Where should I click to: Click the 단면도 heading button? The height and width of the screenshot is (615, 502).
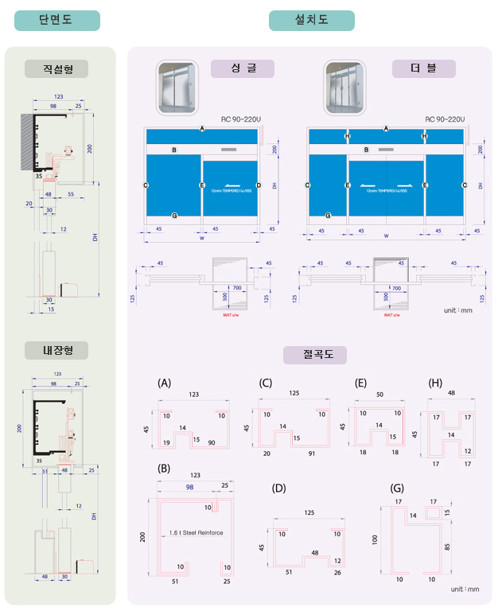(56, 21)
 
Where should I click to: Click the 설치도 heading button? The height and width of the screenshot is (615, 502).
(311, 21)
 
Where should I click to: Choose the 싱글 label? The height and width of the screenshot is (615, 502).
(242, 68)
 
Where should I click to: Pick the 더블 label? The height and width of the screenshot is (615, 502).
(423, 68)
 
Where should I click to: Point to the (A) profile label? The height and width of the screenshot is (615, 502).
(165, 383)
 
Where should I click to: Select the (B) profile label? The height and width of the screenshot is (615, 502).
(164, 467)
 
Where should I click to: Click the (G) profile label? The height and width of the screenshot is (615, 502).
(398, 488)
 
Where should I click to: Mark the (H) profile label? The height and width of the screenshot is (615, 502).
(435, 383)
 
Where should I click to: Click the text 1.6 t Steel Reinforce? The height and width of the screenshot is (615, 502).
(197, 533)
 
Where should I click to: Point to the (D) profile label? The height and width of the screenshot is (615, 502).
(278, 488)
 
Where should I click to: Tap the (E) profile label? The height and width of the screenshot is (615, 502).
(360, 383)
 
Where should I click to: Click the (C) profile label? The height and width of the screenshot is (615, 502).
(266, 383)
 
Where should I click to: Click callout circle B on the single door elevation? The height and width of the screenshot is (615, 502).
(173, 150)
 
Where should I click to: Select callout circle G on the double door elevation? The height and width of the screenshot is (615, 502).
(328, 215)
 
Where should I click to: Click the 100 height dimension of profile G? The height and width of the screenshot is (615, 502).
(375, 539)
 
